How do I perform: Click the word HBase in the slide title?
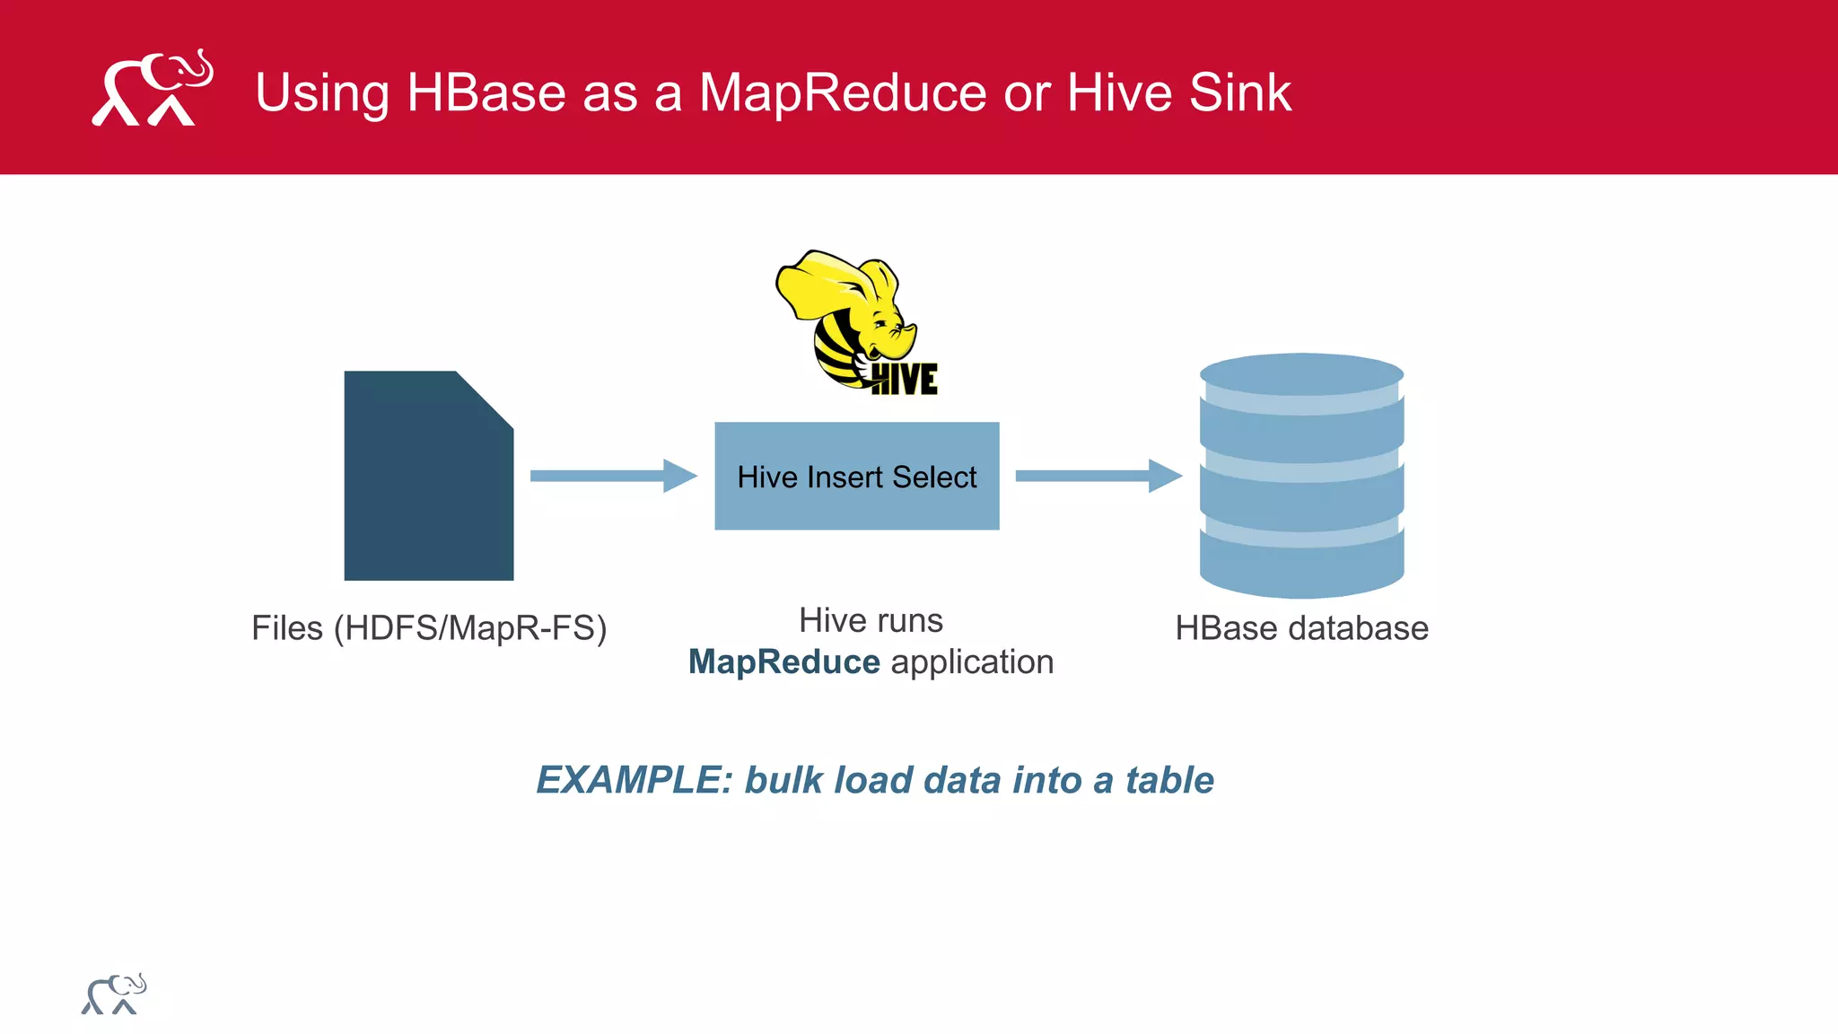point(486,92)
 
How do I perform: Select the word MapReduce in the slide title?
point(843,92)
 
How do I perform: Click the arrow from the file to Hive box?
point(613,476)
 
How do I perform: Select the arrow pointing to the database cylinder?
point(1098,476)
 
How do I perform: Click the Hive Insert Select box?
point(856,477)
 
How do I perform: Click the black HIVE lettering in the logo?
point(905,379)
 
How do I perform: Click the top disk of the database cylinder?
point(1301,373)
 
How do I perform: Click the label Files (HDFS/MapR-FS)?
point(429,628)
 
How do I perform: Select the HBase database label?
point(1301,628)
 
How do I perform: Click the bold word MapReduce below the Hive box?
point(783,662)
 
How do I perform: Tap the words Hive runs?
point(871,620)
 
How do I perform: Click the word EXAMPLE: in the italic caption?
point(635,780)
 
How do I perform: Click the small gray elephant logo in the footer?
point(114,995)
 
